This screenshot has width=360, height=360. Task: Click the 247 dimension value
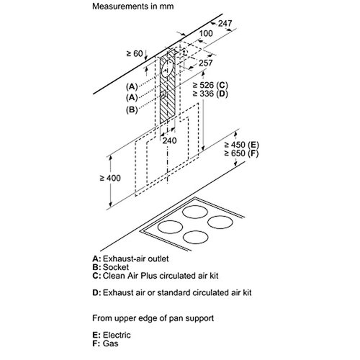pyautogui.click(x=225, y=23)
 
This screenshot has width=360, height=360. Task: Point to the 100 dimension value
pyautogui.click(x=206, y=33)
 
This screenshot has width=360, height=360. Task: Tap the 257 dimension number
pyautogui.click(x=206, y=63)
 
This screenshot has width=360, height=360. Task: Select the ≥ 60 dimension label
pyautogui.click(x=135, y=54)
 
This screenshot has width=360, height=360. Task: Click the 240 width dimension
pyautogui.click(x=169, y=140)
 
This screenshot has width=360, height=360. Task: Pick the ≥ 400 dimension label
pyautogui.click(x=110, y=178)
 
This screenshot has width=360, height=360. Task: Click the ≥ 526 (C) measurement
pyautogui.click(x=210, y=85)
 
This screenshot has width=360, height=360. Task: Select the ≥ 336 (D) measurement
pyautogui.click(x=210, y=94)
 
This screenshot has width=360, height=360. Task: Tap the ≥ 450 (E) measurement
pyautogui.click(x=241, y=145)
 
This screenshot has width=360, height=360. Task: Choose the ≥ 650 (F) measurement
pyautogui.click(x=241, y=153)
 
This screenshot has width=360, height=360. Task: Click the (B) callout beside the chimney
pyautogui.click(x=132, y=109)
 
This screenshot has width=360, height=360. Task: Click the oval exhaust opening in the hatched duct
pyautogui.click(x=167, y=68)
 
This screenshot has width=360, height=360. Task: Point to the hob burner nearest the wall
pyautogui.click(x=195, y=212)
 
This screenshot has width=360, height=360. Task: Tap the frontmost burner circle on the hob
pyautogui.click(x=195, y=237)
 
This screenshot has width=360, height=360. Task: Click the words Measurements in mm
pyautogui.click(x=133, y=6)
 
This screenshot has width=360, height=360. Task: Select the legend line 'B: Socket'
pyautogui.click(x=111, y=267)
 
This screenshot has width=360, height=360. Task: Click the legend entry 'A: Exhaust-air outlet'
pyautogui.click(x=130, y=258)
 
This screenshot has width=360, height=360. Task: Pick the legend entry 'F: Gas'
pyautogui.click(x=105, y=343)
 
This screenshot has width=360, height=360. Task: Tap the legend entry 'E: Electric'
pyautogui.click(x=112, y=335)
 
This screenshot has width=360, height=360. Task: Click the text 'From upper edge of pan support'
pyautogui.click(x=153, y=318)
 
